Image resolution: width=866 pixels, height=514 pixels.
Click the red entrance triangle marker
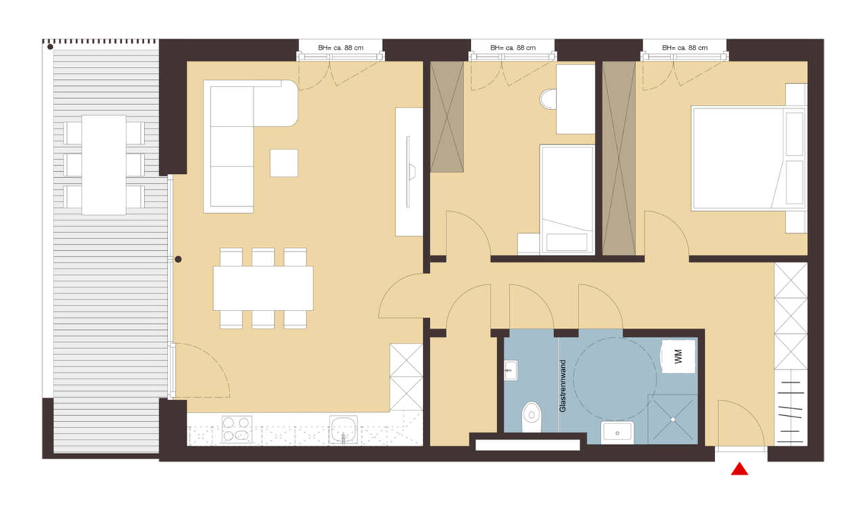pyautogui.click(x=739, y=469)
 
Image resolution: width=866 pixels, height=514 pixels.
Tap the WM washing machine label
pyautogui.click(x=678, y=356)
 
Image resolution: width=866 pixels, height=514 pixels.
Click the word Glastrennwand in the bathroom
pyautogui.click(x=563, y=385)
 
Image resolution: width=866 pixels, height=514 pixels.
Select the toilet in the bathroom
pyautogui.click(x=532, y=417)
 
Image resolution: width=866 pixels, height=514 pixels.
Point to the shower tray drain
pyautogui.click(x=673, y=419)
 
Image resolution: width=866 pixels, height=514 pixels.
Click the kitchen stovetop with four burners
pyautogui.click(x=237, y=429)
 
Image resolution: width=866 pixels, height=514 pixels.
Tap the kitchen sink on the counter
pyautogui.click(x=343, y=429)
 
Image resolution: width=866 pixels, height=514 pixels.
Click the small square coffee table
pyautogui.click(x=283, y=163)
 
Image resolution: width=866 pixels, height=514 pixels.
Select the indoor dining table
pyautogui.click(x=263, y=288)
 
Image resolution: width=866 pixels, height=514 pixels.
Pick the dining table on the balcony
pyautogui.click(x=104, y=164)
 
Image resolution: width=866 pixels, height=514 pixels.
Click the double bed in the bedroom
pyautogui.click(x=749, y=158)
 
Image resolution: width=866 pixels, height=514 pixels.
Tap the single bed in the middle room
pyautogui.click(x=567, y=200)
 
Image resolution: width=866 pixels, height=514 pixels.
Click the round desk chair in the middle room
pyautogui.click(x=548, y=99)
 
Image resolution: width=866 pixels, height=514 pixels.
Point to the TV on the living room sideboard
pyautogui.click(x=409, y=172)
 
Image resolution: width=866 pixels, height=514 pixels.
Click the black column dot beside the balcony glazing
pyautogui.click(x=178, y=259)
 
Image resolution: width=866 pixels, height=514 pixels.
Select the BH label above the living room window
pyautogui.click(x=340, y=48)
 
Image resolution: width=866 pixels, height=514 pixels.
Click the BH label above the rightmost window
pyautogui.click(x=685, y=48)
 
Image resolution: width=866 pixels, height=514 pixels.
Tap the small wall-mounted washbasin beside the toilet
pyautogui.click(x=510, y=371)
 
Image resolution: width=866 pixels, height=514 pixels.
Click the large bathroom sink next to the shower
pyautogui.click(x=617, y=432)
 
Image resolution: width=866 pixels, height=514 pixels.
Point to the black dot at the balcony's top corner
pyautogui.click(x=50, y=47)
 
